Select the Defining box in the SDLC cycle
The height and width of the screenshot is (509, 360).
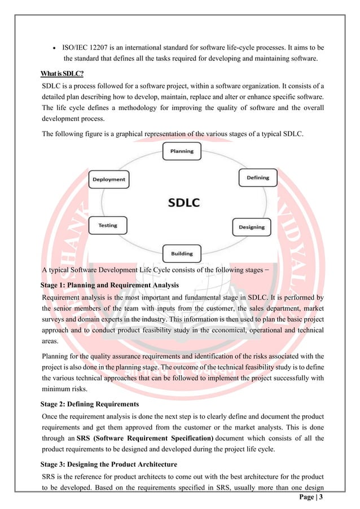[x=257, y=178]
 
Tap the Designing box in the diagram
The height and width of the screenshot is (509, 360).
[x=251, y=227]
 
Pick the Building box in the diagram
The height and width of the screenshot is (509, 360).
[x=181, y=253]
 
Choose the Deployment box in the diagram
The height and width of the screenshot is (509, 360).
[x=108, y=179]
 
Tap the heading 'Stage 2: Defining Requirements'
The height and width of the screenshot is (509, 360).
[x=90, y=404]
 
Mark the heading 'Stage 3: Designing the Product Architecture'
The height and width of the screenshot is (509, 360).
[x=109, y=464]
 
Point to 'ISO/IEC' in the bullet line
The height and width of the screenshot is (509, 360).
[x=76, y=46]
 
